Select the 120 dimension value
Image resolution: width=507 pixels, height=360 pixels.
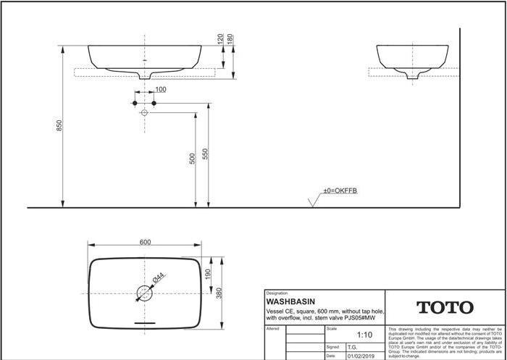coord(220,38)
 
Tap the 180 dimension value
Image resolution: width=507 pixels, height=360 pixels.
coord(230,38)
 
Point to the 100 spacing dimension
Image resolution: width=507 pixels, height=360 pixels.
coord(160,90)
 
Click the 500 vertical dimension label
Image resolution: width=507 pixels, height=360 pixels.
coord(192,158)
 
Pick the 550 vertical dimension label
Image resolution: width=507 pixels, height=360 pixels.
coord(205,154)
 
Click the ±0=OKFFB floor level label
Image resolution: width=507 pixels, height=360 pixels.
coord(340,191)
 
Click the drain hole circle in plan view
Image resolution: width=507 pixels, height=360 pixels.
coord(145,293)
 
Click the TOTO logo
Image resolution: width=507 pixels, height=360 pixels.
coord(444,307)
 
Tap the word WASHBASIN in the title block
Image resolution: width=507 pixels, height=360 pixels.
coord(290,301)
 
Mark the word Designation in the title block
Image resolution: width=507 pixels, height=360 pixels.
coord(277,293)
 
